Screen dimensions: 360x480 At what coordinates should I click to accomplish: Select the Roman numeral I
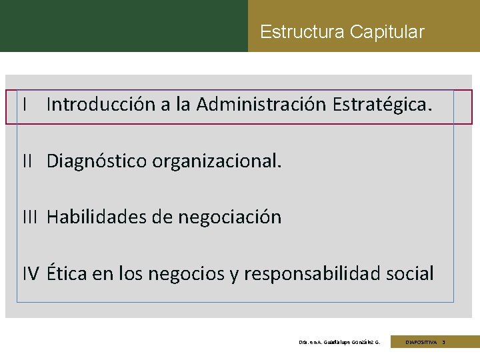[24, 105]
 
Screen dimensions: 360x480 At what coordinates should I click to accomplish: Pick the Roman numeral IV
[31, 273]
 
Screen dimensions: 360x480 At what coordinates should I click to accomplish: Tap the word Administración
[261, 105]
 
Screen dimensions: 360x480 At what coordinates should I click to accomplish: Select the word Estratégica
[382, 105]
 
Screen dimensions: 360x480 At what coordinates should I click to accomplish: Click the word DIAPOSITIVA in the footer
[421, 342]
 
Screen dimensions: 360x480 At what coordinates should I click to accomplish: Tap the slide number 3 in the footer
[443, 342]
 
